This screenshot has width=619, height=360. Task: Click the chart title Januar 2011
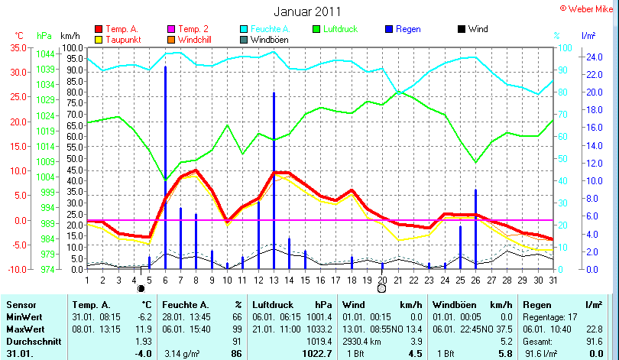309,12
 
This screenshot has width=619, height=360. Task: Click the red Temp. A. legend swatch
98,29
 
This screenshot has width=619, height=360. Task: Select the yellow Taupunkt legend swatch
98,39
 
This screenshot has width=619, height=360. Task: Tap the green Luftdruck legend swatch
318,29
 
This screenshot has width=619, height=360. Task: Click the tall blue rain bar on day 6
165,168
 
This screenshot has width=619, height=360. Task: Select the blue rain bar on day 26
475,229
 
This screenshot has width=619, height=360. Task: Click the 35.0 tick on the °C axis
17,47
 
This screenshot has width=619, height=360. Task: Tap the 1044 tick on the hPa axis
45,54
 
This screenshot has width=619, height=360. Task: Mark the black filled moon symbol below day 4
141,289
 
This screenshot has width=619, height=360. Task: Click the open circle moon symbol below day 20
382,289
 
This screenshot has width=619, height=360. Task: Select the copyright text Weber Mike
590,8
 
